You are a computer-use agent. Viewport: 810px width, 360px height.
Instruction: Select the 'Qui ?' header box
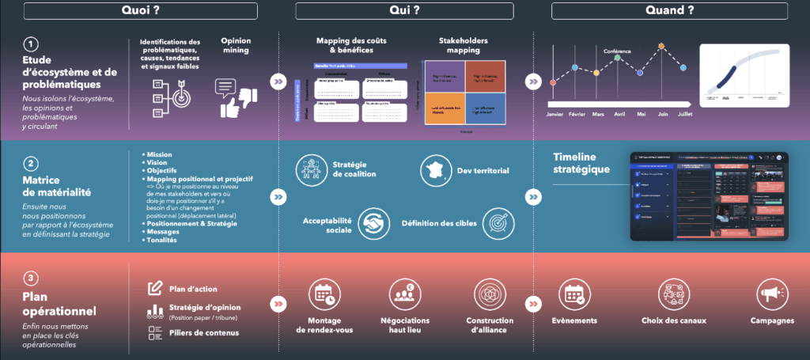(404, 10)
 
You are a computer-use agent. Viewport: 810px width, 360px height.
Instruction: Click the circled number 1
(31, 44)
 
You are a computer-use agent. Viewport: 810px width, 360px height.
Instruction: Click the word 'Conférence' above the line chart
(618, 51)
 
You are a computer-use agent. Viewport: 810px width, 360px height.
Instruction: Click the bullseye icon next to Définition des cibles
(496, 222)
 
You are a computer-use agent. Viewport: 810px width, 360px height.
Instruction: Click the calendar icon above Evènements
(572, 294)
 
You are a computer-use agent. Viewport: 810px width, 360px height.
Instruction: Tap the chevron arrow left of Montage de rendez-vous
(278, 302)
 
